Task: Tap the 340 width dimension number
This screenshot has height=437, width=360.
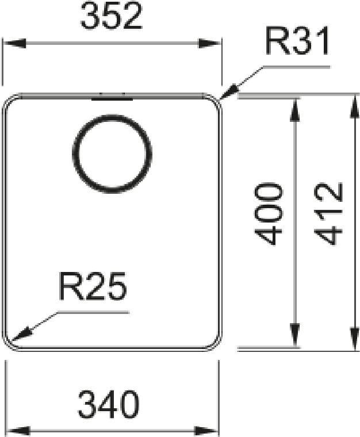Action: [x=108, y=405]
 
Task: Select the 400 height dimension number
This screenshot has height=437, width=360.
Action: [x=269, y=214]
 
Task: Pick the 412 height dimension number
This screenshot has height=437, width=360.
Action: [x=328, y=214]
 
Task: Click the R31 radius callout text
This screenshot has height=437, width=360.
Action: [x=297, y=41]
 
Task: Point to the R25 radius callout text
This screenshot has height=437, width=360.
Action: [x=93, y=286]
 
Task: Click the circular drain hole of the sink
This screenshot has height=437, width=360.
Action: [x=112, y=154]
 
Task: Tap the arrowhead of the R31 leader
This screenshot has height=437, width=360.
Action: [x=228, y=92]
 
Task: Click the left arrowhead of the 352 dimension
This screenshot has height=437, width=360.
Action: [x=14, y=44]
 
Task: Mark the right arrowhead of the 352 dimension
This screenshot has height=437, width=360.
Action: [x=209, y=44]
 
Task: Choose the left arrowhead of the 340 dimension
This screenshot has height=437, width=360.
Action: [x=18, y=431]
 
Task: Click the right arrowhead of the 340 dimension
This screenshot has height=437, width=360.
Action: [x=206, y=431]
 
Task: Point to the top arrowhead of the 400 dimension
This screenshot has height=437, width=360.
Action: [x=295, y=110]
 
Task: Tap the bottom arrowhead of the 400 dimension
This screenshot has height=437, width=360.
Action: [x=295, y=335]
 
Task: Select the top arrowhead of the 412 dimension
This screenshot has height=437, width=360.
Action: [x=355, y=107]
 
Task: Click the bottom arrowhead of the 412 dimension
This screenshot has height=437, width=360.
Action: [x=355, y=339]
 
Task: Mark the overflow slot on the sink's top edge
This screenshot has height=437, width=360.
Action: [x=112, y=98]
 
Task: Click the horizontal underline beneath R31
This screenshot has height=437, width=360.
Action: [x=297, y=67]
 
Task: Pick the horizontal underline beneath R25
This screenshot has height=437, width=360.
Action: [x=93, y=312]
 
